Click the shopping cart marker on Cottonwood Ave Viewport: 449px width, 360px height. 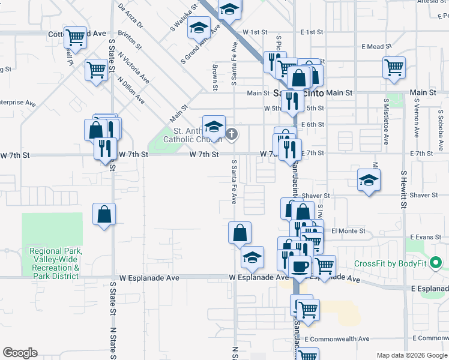[x=76, y=37]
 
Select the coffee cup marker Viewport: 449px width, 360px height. [x=300, y=266]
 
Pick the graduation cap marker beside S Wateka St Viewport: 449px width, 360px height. [x=199, y=28]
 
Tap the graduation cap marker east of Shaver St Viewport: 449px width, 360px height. [x=369, y=180]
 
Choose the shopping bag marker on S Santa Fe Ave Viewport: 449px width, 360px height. [x=240, y=232]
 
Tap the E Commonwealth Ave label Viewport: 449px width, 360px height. [x=336, y=339]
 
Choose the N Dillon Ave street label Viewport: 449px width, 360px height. [x=131, y=90]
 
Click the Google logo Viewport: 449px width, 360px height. [x=20, y=353]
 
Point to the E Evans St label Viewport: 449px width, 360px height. [x=427, y=238]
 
